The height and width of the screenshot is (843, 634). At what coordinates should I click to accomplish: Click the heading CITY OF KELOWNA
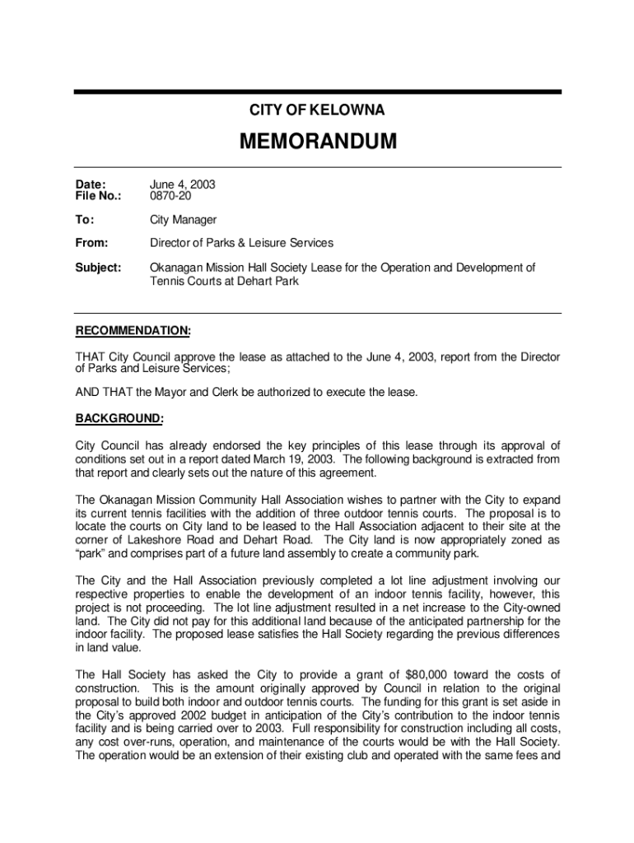tap(317, 110)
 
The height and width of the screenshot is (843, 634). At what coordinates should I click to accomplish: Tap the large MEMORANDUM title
tap(317, 142)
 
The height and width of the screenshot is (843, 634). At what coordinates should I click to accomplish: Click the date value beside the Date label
tap(182, 185)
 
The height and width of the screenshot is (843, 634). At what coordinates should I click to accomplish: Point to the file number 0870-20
tap(172, 198)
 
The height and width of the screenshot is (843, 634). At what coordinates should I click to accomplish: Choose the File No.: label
tap(99, 198)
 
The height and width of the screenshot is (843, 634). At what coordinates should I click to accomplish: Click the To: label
tap(86, 220)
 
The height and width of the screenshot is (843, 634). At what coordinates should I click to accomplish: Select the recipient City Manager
tap(183, 220)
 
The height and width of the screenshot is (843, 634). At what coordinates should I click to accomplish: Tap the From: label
tap(92, 243)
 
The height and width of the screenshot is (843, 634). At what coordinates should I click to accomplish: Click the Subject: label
tap(98, 268)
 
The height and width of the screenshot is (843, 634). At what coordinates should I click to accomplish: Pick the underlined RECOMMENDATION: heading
tap(133, 331)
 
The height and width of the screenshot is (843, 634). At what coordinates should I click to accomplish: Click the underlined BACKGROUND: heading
tap(119, 419)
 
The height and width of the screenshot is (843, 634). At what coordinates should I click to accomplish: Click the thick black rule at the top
tap(317, 92)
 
